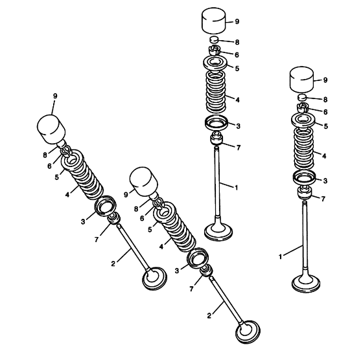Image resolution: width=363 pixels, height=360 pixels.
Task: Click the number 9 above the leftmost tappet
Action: coord(55,96)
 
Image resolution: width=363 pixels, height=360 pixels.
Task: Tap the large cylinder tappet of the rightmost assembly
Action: coord(302,79)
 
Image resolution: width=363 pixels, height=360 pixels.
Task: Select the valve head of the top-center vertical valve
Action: coord(218,231)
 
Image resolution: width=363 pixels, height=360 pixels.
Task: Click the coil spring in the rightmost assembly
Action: coord(304,148)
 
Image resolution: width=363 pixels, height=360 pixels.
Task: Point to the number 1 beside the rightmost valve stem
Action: coord(280,256)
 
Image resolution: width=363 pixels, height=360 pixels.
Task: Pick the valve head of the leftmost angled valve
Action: coord(154,278)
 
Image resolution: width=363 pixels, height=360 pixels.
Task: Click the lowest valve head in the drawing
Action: coord(248,332)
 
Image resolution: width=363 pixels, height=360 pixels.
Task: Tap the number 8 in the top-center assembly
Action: coord(237,42)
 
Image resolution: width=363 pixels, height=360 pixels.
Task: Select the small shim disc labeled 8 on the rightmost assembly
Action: coord(302,97)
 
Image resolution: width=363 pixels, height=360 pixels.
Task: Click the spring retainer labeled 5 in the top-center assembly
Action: coord(215,63)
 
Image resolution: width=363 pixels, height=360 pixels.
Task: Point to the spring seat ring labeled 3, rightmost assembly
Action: coord(304,177)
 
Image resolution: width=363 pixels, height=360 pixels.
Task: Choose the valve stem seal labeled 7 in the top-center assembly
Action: coord(217,138)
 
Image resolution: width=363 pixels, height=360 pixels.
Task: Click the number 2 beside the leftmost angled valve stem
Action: coord(113,264)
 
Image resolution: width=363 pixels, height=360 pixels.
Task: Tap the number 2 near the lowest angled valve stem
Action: coord(209,315)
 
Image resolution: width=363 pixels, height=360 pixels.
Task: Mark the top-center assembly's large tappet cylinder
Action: coord(214,21)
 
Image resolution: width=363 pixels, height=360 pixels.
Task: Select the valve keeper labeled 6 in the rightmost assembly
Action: coord(302,107)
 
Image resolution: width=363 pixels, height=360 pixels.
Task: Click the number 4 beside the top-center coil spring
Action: coord(237,100)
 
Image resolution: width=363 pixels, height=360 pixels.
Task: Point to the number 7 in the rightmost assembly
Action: coord(323,199)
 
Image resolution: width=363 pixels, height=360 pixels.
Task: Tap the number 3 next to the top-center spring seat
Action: coord(238,126)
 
